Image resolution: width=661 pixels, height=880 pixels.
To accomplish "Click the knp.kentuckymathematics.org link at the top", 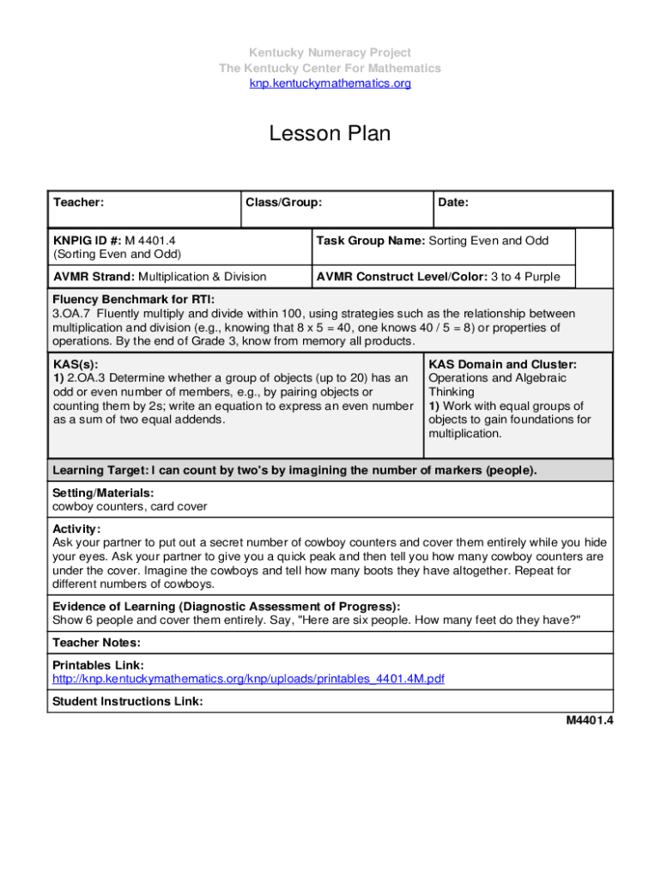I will [x=330, y=83].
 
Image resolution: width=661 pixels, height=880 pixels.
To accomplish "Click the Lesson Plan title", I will [x=330, y=134].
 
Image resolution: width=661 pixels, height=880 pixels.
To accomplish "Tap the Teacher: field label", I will [x=79, y=203].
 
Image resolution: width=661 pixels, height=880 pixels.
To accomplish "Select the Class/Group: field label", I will [x=284, y=203].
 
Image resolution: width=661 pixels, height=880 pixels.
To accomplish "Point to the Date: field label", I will [x=453, y=203].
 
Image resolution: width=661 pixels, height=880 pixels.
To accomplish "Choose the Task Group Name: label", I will [x=370, y=241].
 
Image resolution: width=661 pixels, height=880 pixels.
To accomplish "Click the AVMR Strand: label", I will [x=94, y=277].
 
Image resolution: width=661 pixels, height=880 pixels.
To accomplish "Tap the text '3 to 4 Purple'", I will [x=525, y=277].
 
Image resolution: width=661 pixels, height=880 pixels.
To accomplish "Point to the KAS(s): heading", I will [x=75, y=364].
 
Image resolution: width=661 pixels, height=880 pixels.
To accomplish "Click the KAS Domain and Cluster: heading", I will [x=502, y=364].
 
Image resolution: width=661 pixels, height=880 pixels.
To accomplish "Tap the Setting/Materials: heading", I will [x=103, y=492].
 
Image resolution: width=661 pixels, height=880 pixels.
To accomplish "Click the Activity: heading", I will [x=76, y=529].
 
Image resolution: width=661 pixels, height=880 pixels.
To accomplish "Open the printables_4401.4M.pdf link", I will [x=248, y=679].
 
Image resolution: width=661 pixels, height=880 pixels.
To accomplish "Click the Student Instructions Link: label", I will [x=128, y=701].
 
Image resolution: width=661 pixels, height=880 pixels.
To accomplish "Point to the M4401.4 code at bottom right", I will [x=588, y=720].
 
